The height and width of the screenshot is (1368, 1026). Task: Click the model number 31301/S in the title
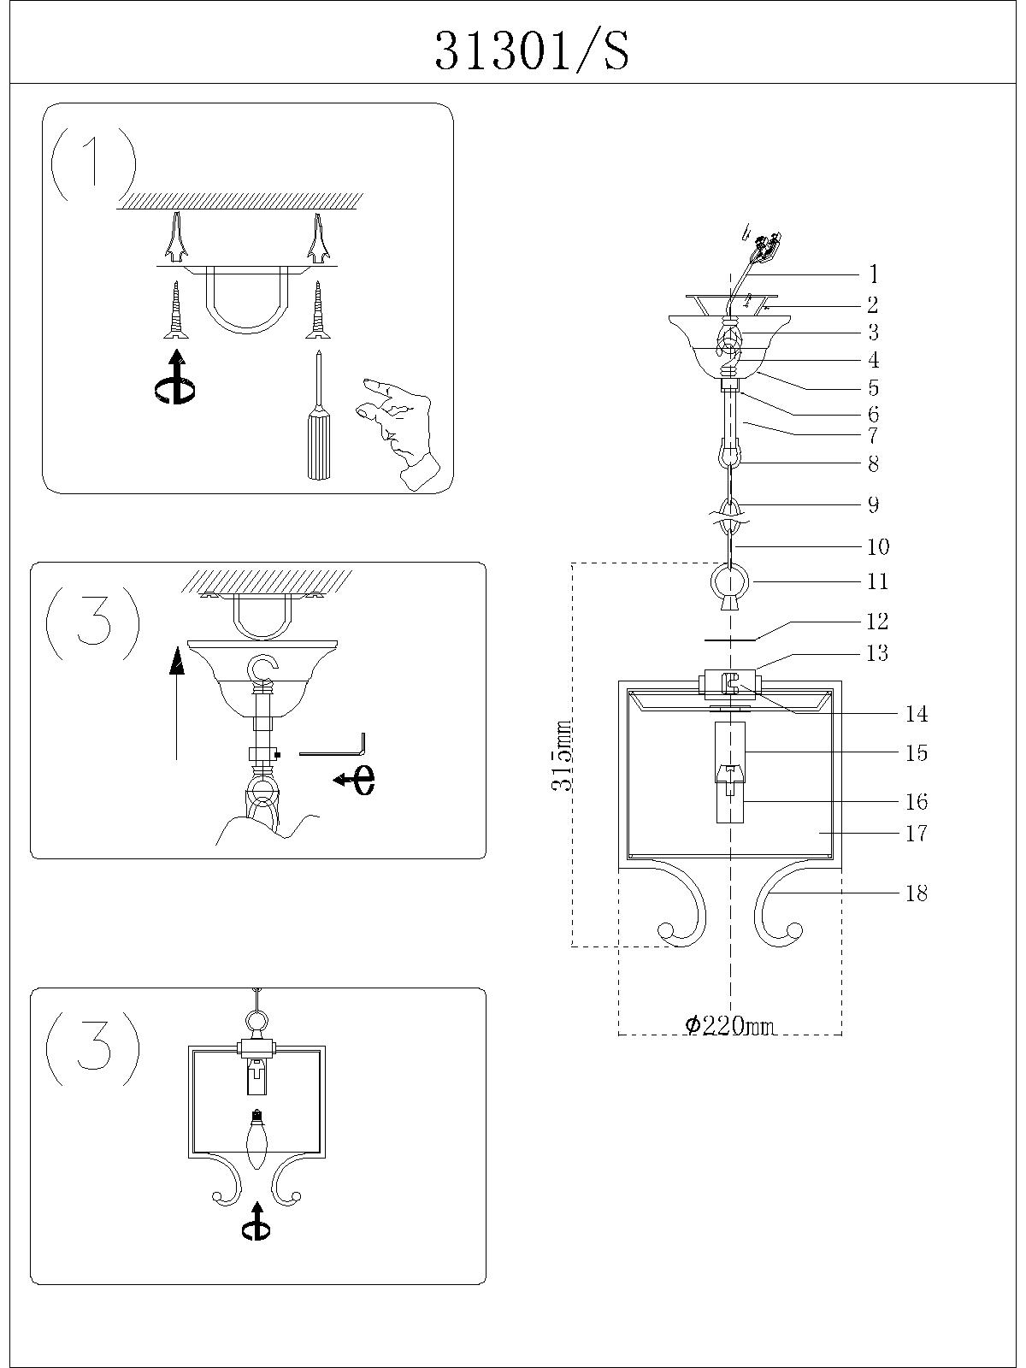(x=532, y=51)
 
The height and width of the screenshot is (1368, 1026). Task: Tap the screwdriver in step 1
(x=317, y=419)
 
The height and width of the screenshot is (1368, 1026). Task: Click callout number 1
(x=873, y=274)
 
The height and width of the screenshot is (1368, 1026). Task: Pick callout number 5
(x=873, y=387)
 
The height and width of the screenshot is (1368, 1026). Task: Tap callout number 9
(x=873, y=504)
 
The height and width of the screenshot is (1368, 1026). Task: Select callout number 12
(x=877, y=622)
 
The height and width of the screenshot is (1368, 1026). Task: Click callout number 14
(x=917, y=714)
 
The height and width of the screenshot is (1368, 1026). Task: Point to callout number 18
(x=917, y=893)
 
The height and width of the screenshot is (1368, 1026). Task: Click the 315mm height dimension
(x=562, y=757)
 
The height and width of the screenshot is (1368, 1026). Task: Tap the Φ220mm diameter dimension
(x=731, y=1025)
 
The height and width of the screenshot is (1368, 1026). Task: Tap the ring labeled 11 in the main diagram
(x=729, y=583)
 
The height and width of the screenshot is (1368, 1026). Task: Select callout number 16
(x=917, y=802)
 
